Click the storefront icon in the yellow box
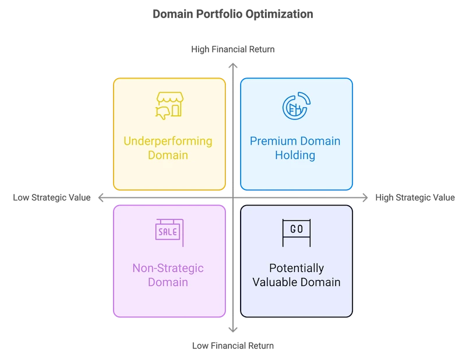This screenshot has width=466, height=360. click(x=170, y=105)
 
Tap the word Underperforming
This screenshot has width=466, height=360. click(x=168, y=141)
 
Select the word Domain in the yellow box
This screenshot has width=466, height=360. click(x=168, y=155)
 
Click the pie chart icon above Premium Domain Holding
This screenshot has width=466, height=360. click(x=296, y=105)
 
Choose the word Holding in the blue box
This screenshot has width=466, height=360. click(x=295, y=155)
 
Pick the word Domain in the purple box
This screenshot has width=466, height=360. click(x=168, y=283)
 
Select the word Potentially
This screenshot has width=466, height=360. click(x=296, y=269)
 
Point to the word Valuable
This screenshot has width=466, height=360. click(x=277, y=283)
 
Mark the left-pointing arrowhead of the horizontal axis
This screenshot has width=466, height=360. click(x=103, y=198)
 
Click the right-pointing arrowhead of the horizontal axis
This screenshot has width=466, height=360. click(x=364, y=198)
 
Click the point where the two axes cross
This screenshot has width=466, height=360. click(x=232, y=198)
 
